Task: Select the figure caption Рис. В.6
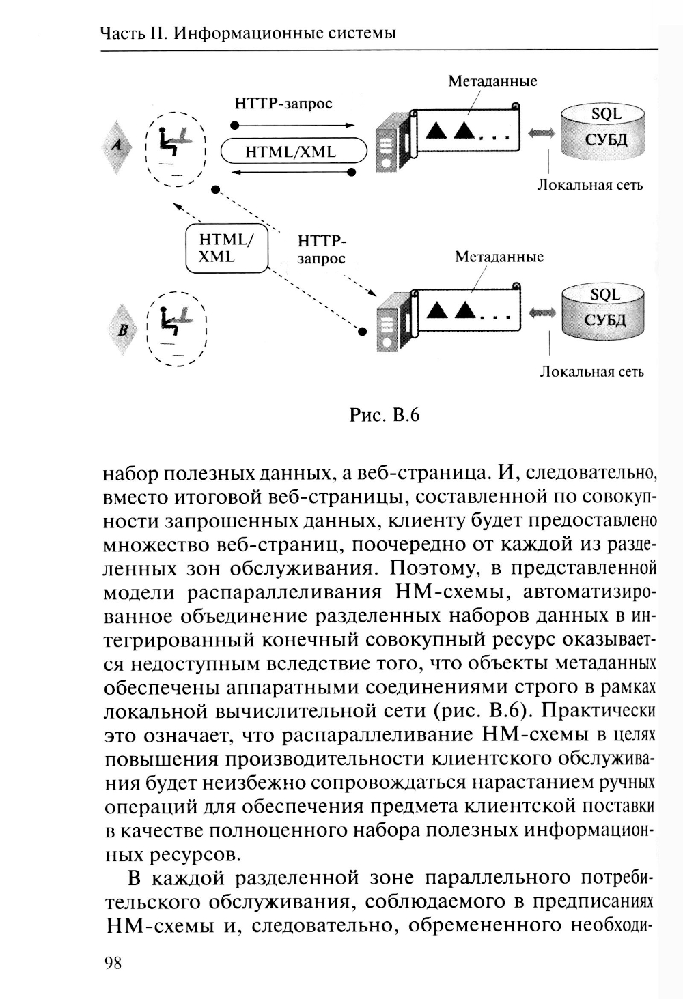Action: (x=384, y=414)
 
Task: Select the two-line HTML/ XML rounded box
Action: (x=227, y=248)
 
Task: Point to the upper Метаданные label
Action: (x=492, y=81)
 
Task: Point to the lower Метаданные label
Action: (x=499, y=257)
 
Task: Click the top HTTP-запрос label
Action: (x=283, y=104)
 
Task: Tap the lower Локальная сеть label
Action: (x=591, y=372)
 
